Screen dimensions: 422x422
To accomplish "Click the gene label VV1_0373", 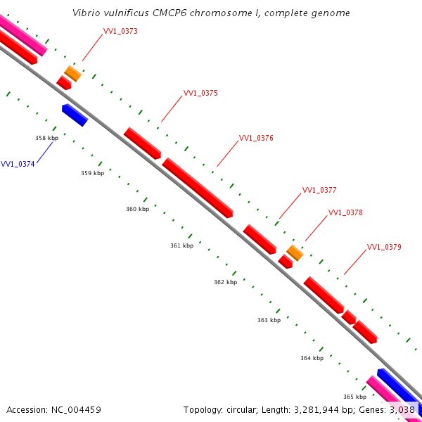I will point(120,31).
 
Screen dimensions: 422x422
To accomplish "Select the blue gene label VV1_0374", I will point(18,164).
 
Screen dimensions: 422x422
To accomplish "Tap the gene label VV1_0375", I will point(200,93).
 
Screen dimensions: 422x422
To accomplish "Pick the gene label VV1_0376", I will point(256,138).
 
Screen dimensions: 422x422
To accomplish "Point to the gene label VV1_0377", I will point(319,190).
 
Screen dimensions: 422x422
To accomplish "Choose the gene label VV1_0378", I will point(345,212).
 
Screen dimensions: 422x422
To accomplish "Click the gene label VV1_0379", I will point(384,247).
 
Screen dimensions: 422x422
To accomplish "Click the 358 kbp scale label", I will point(46,139).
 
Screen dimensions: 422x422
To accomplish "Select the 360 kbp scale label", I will point(138,209).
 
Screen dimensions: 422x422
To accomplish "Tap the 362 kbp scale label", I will point(226,282).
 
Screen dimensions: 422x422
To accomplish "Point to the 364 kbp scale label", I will point(312,358).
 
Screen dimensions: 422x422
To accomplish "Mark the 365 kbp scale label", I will point(354,397).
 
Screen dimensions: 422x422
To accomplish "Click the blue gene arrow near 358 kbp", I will point(75,115).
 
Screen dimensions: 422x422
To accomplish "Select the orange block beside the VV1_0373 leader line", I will point(72,73).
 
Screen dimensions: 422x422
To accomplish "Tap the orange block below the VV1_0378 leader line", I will point(295,252).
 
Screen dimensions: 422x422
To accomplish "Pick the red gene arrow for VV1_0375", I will point(142,143).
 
